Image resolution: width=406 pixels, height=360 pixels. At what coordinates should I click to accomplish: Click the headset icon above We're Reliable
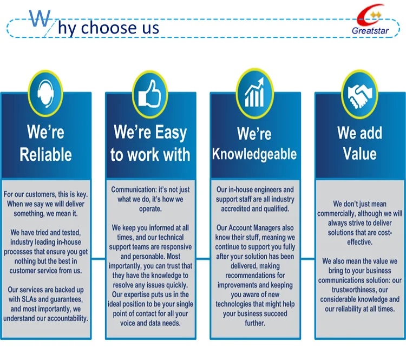(x=45, y=93)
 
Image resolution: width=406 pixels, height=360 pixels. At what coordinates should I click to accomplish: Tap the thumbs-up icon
(x=149, y=94)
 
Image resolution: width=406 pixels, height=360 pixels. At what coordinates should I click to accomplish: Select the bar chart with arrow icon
(x=255, y=92)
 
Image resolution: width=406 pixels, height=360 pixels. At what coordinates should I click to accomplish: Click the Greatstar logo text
(x=370, y=31)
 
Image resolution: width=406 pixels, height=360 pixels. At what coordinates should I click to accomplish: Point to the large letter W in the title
(x=40, y=18)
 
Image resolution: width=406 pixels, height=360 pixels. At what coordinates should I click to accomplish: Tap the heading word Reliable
(x=46, y=155)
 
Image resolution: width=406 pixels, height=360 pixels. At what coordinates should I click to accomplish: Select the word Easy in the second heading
(x=171, y=133)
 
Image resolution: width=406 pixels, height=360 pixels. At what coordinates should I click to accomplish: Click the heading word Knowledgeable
(x=254, y=154)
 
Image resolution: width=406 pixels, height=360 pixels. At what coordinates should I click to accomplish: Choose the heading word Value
(x=359, y=154)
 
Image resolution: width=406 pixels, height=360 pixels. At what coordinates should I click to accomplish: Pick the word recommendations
(x=255, y=276)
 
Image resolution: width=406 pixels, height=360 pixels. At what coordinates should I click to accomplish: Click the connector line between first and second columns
(x=99, y=258)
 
